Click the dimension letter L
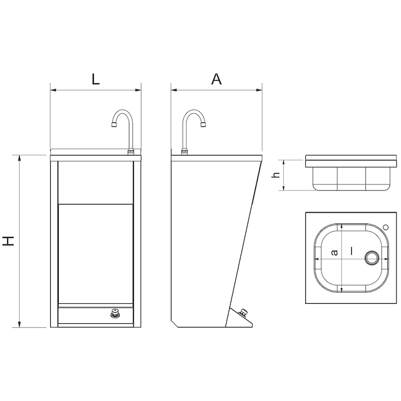96,79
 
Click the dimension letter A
217,79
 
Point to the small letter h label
277,175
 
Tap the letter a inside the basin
334,253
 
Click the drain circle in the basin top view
371,258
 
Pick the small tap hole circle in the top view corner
386,227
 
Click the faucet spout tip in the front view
114,125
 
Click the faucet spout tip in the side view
203,125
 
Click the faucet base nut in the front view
131,152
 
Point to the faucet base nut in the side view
184,152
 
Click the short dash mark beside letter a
352,251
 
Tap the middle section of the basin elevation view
351,179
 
